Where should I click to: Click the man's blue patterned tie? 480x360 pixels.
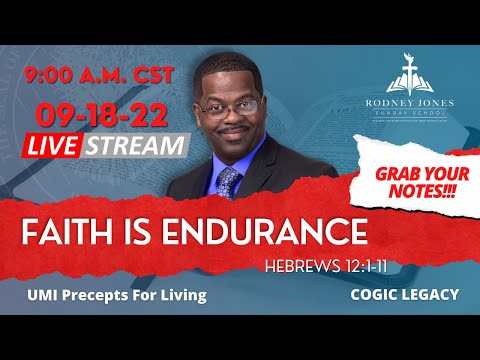click(x=228, y=181)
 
